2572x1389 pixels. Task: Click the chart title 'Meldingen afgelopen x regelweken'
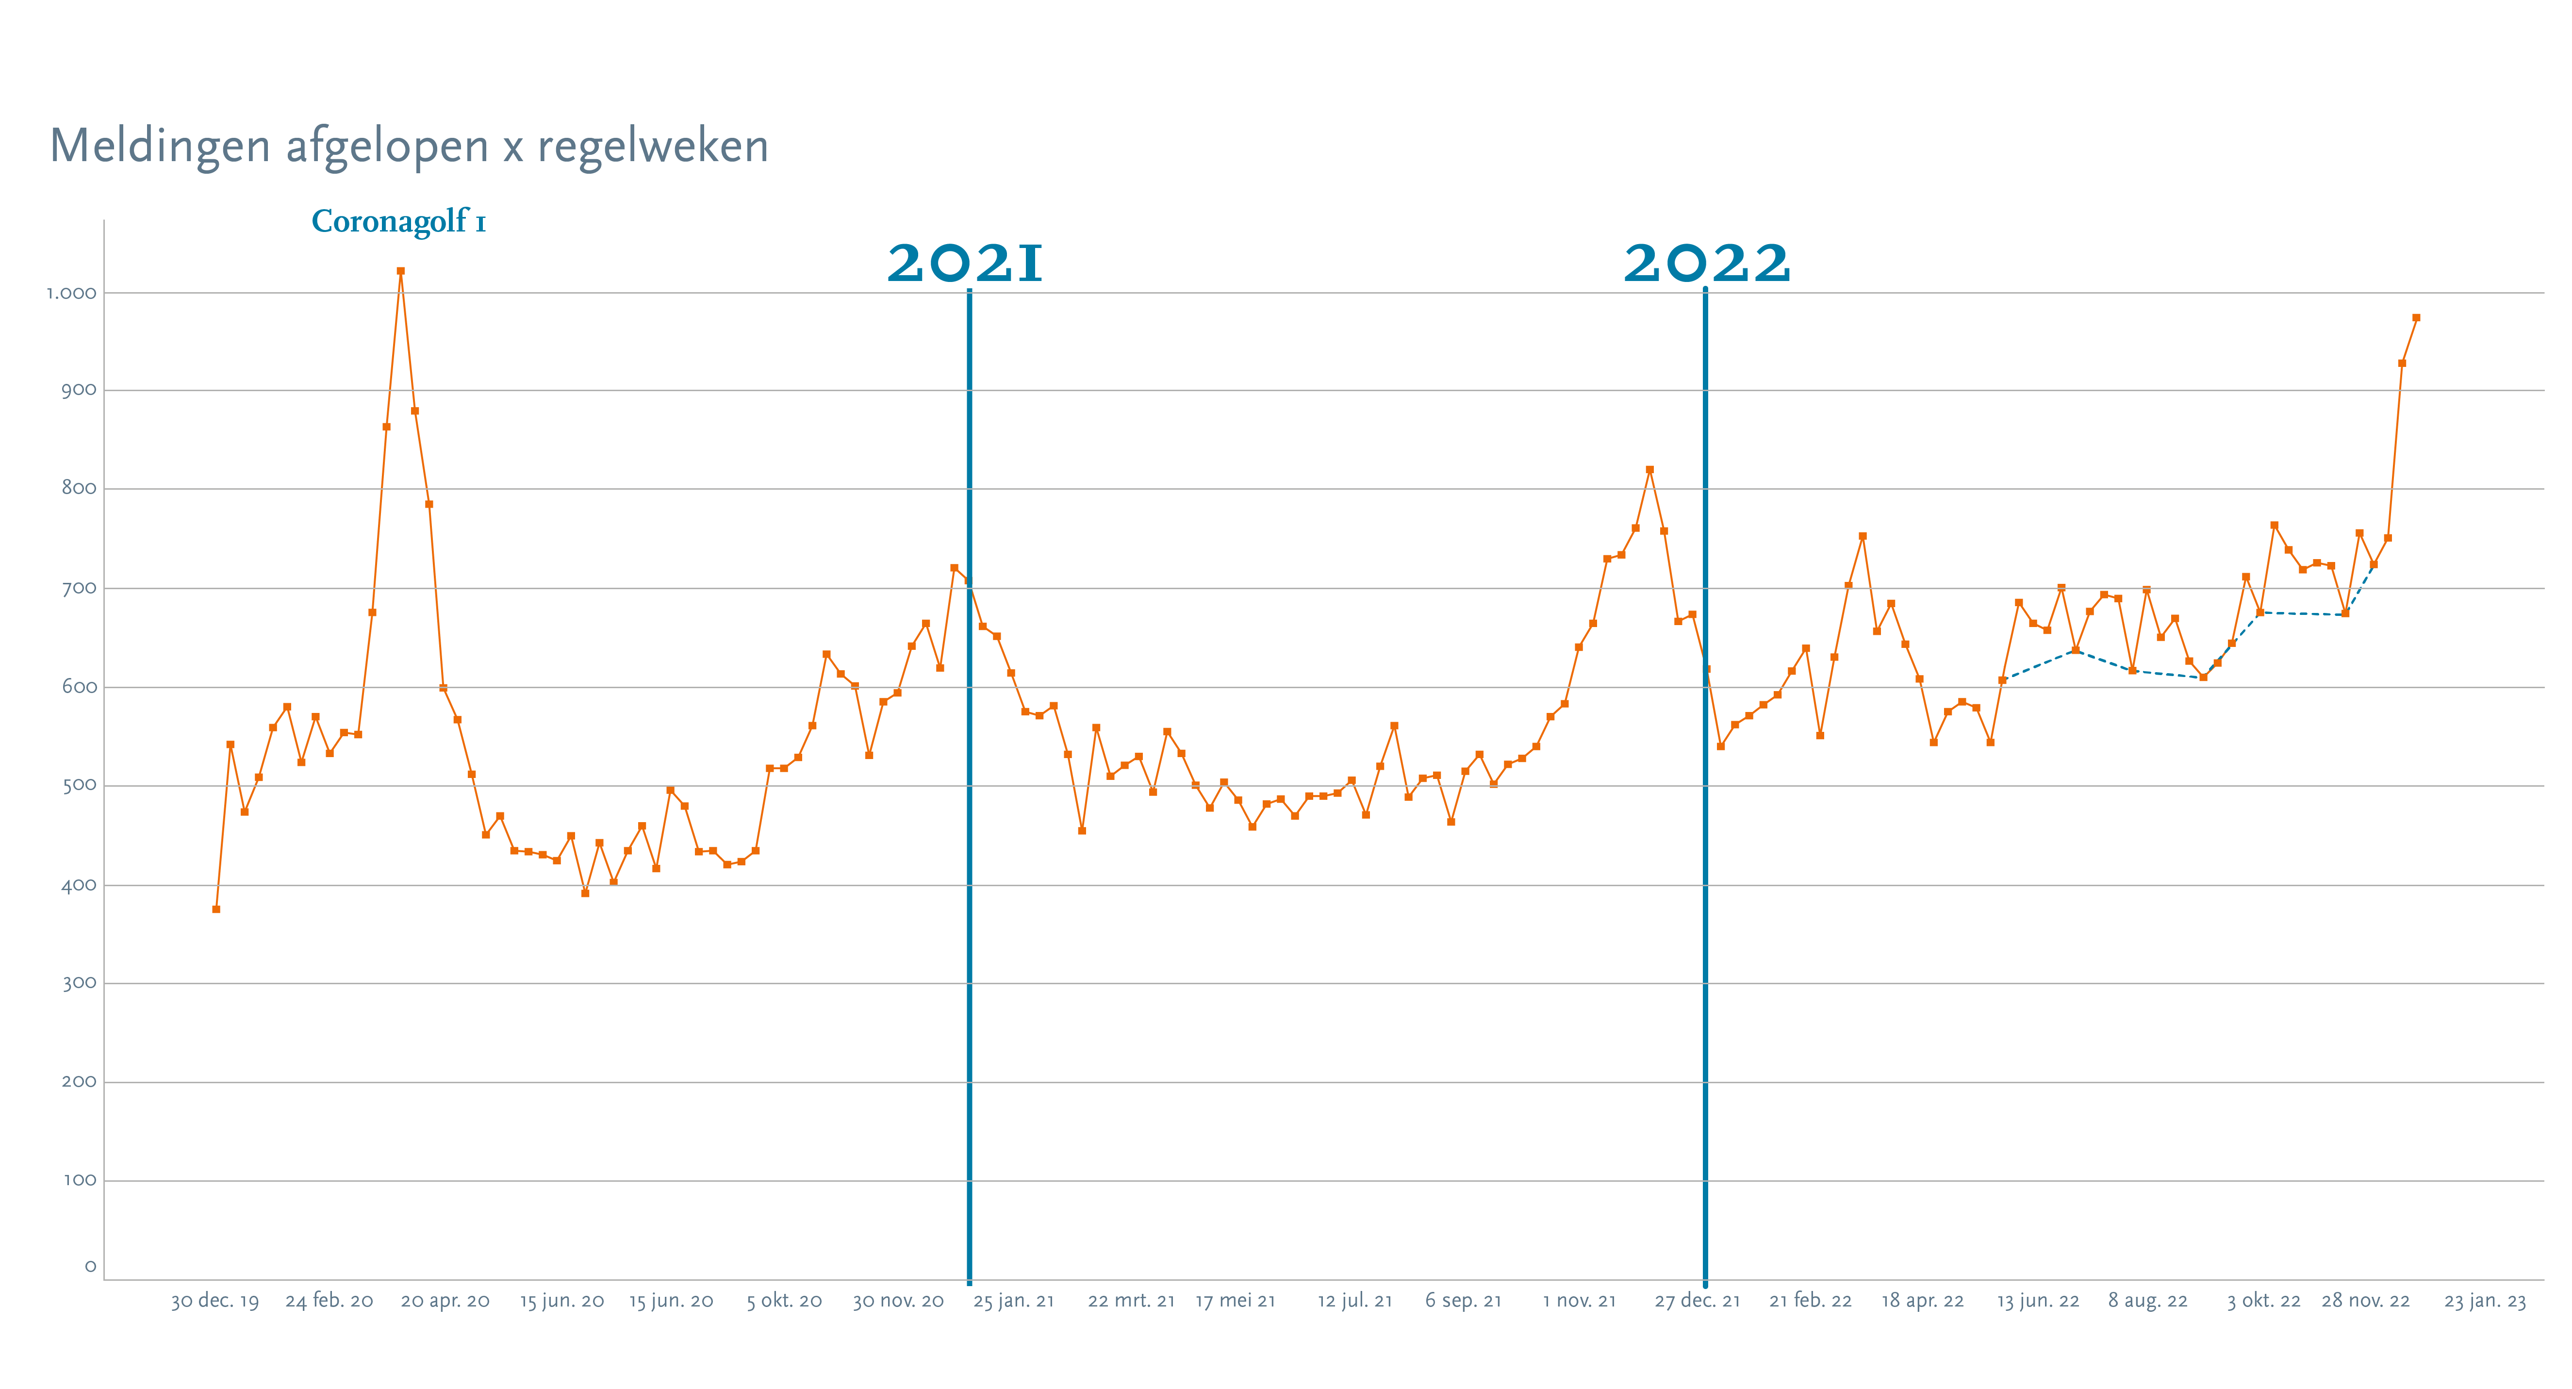410,147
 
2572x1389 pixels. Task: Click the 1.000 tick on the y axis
72,294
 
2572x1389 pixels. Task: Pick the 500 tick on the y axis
80,786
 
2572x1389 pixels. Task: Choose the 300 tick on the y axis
80,984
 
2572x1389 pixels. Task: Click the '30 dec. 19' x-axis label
214,1301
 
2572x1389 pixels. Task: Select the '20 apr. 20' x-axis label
445,1301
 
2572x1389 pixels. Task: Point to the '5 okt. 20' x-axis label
785,1301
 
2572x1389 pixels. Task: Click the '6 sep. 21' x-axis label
1464,1301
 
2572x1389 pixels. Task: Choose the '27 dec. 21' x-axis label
1698,1301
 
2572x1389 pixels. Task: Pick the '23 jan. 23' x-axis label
2485,1301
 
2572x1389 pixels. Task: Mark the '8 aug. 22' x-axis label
2148,1301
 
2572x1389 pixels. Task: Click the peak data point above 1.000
400,271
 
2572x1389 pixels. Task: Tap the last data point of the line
2416,317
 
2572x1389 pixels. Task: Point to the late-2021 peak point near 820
1649,469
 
